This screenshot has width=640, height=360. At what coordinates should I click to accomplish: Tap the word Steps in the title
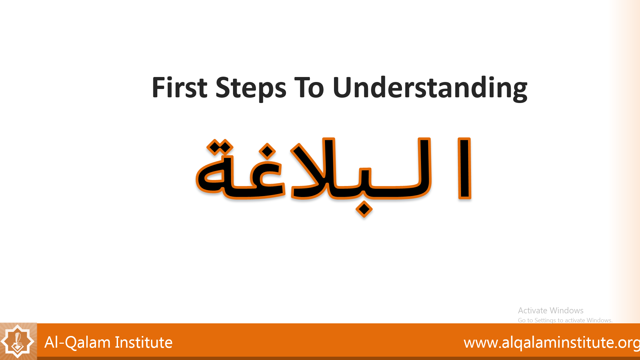(x=251, y=88)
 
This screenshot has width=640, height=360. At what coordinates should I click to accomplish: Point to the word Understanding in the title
(x=430, y=88)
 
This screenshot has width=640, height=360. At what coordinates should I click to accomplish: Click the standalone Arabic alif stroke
(x=464, y=168)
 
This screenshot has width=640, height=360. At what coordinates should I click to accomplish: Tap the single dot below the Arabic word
(x=364, y=209)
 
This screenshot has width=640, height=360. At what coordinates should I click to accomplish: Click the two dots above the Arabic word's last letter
(x=220, y=147)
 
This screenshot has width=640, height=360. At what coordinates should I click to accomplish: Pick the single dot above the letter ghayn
(x=267, y=151)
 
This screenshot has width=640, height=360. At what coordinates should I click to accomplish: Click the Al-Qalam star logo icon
(x=18, y=341)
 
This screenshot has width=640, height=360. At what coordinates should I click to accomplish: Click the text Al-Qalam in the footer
(x=77, y=342)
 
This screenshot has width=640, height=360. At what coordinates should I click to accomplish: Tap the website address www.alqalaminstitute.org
(x=552, y=343)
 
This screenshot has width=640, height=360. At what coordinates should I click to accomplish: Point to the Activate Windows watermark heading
(x=551, y=310)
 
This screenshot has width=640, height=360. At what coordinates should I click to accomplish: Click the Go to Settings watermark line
(x=565, y=320)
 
